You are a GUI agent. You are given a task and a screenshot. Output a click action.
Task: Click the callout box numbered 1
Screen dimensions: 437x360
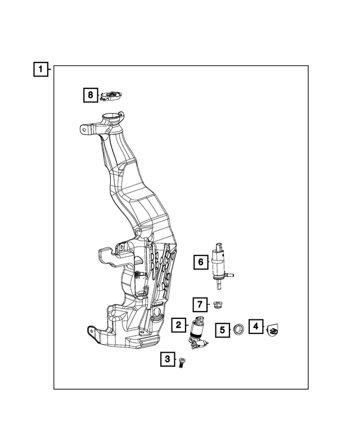point(40,70)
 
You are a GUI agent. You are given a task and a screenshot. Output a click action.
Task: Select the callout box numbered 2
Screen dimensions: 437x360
point(178,325)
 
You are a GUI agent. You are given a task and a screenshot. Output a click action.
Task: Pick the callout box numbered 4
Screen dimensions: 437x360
point(255,326)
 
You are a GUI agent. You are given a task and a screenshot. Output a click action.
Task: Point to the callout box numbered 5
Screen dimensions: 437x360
point(223,330)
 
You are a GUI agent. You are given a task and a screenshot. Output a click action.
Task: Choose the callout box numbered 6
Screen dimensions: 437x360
point(200,262)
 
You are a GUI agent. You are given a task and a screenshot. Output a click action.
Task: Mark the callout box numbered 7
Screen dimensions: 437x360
point(200,304)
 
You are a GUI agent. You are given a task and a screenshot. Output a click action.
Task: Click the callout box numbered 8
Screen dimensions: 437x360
point(90,95)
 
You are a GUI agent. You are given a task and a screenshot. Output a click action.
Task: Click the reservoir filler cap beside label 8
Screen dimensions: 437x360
point(111,96)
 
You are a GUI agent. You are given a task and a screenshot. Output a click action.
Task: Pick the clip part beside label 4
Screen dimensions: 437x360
point(273,330)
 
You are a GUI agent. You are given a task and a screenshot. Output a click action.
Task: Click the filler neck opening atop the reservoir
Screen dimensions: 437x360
point(111,119)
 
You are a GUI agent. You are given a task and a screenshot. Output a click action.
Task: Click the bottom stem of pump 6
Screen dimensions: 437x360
point(218,284)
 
